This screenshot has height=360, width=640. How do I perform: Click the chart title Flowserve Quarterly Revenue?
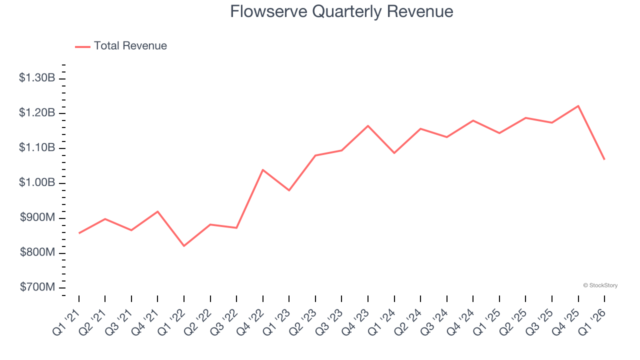coord(341,11)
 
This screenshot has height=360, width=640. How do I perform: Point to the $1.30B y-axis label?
coord(37,78)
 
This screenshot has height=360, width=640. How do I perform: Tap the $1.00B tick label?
coord(37,183)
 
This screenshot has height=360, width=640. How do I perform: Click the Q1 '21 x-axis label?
coord(66,322)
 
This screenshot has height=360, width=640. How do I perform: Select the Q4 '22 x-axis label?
coord(250,322)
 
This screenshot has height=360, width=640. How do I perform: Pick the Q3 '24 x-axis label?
coord(434,322)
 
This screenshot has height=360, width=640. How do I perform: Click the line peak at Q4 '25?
coord(578,106)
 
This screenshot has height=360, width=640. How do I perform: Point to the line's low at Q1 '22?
coord(184,246)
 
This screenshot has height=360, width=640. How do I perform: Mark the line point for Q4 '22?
coord(263,170)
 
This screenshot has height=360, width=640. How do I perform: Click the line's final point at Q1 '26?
coord(604,159)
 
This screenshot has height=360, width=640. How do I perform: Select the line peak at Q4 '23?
coord(368,125)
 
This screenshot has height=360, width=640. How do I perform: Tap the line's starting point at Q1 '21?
coord(79,233)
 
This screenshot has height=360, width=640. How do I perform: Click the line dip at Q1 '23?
coord(289,190)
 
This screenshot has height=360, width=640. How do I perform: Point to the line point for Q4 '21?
coord(157,211)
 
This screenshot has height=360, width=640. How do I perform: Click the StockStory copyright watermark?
coord(600,285)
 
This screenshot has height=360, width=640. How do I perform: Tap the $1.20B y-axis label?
coord(37,113)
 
